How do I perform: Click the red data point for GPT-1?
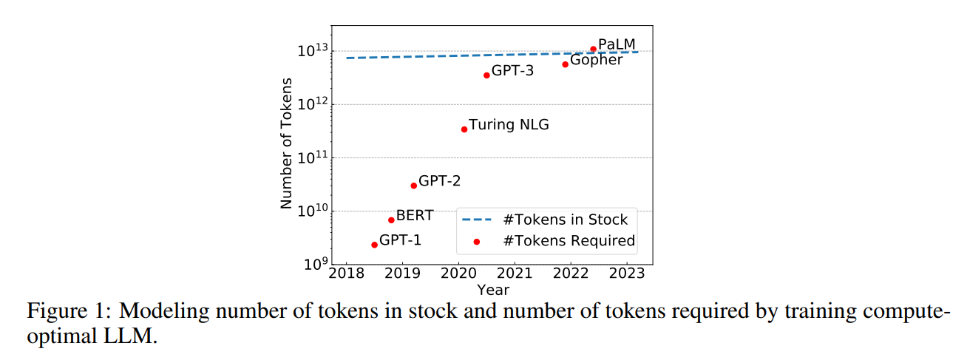(374, 245)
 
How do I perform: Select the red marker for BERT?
(391, 220)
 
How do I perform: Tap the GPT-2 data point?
(413, 186)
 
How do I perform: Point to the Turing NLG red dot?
(464, 129)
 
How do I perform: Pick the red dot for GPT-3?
(486, 75)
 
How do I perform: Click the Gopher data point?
(565, 64)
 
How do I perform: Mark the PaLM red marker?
(593, 50)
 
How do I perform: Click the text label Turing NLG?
(509, 125)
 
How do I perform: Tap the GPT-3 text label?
(512, 71)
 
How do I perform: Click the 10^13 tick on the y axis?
(311, 50)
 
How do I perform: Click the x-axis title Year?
(492, 290)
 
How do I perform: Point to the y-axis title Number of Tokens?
(287, 143)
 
